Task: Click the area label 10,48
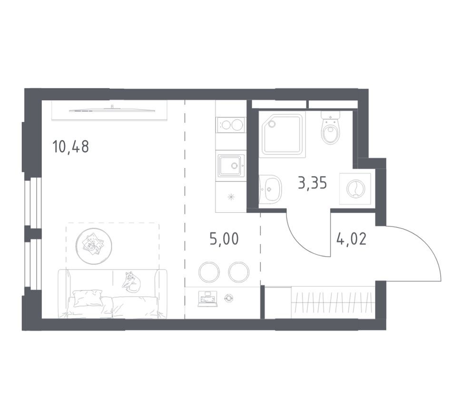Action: pyautogui.click(x=71, y=147)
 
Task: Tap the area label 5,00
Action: pyautogui.click(x=224, y=238)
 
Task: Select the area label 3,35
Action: pyautogui.click(x=312, y=182)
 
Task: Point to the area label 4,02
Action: pyautogui.click(x=351, y=238)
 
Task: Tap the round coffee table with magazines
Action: pyautogui.click(x=94, y=245)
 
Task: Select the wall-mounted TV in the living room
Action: pyautogui.click(x=112, y=110)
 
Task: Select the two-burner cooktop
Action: pyautogui.click(x=230, y=125)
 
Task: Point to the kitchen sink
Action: pyautogui.click(x=231, y=166)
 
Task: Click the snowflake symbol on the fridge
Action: pyautogui.click(x=231, y=197)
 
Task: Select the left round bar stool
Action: pyautogui.click(x=209, y=272)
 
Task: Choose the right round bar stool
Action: pyautogui.click(x=238, y=272)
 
